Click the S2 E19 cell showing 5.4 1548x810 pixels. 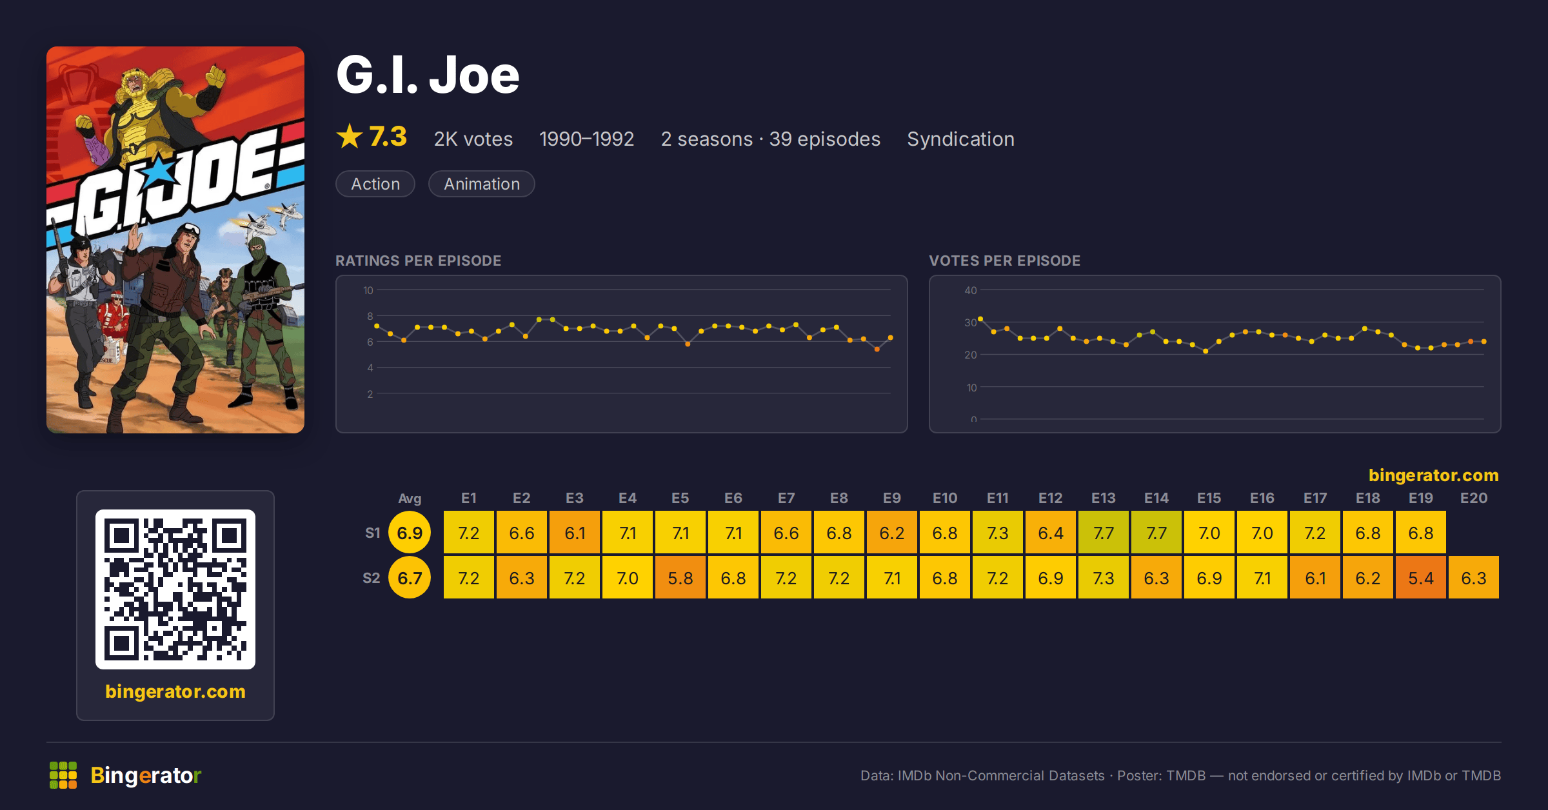click(x=1421, y=578)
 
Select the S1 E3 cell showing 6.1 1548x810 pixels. click(x=575, y=533)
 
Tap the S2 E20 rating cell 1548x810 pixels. click(x=1474, y=578)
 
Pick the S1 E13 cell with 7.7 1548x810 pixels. click(x=1104, y=533)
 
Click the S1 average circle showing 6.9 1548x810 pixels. click(x=410, y=533)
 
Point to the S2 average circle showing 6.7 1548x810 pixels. click(x=410, y=578)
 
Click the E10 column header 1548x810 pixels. click(x=945, y=498)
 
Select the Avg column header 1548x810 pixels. click(x=410, y=498)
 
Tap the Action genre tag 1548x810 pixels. click(x=375, y=184)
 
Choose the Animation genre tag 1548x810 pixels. click(x=482, y=184)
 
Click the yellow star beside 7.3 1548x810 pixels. click(x=350, y=136)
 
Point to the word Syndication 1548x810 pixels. click(x=960, y=139)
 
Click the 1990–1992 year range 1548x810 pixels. click(x=586, y=139)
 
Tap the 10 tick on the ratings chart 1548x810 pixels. click(x=368, y=290)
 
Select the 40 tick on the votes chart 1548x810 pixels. click(x=971, y=290)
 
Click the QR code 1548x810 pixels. click(x=175, y=589)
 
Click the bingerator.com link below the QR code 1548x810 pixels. click(x=175, y=691)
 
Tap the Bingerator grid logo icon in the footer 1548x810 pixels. click(x=63, y=775)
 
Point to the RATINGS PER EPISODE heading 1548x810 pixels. click(x=418, y=261)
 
